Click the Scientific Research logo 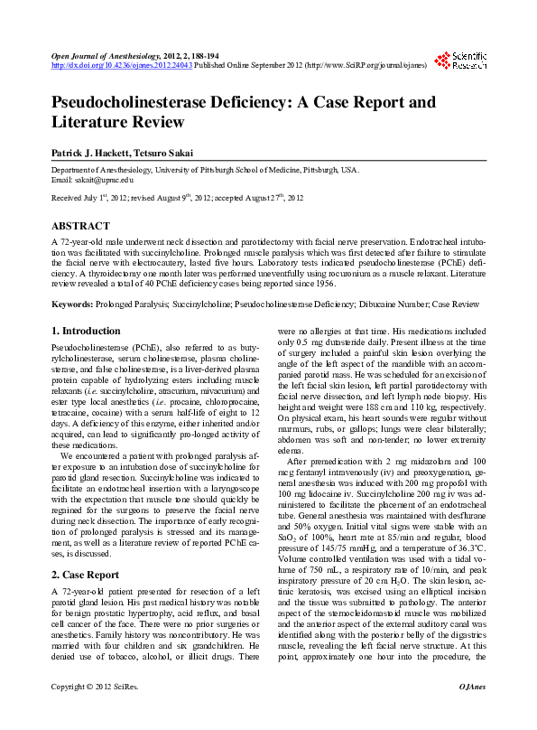coord(461,61)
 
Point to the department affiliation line coord(191,170)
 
